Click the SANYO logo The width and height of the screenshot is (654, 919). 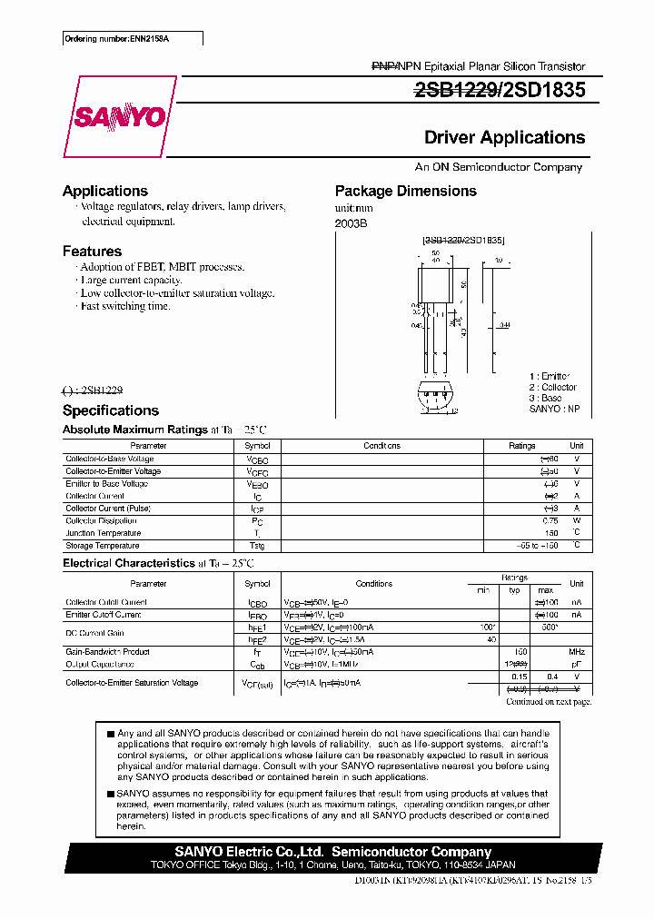(119, 116)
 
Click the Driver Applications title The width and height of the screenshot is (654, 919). (504, 138)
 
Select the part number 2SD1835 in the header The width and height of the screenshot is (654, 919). (544, 90)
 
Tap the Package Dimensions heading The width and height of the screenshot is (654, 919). (405, 191)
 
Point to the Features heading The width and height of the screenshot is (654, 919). (92, 251)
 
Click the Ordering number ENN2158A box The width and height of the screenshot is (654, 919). (133, 38)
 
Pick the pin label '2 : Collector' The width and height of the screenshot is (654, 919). (552, 387)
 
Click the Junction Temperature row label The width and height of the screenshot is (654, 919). (103, 533)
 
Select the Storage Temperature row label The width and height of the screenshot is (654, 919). (102, 546)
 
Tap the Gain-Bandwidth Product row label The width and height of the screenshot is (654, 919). (107, 652)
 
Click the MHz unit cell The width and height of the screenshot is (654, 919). (576, 652)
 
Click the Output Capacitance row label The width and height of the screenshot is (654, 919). (100, 664)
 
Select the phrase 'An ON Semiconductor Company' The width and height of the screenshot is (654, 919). (498, 167)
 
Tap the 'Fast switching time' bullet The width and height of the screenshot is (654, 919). (124, 306)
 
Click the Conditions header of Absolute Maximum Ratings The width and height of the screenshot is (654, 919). (381, 446)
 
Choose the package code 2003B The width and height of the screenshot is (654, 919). (351, 223)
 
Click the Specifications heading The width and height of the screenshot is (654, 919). (110, 410)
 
